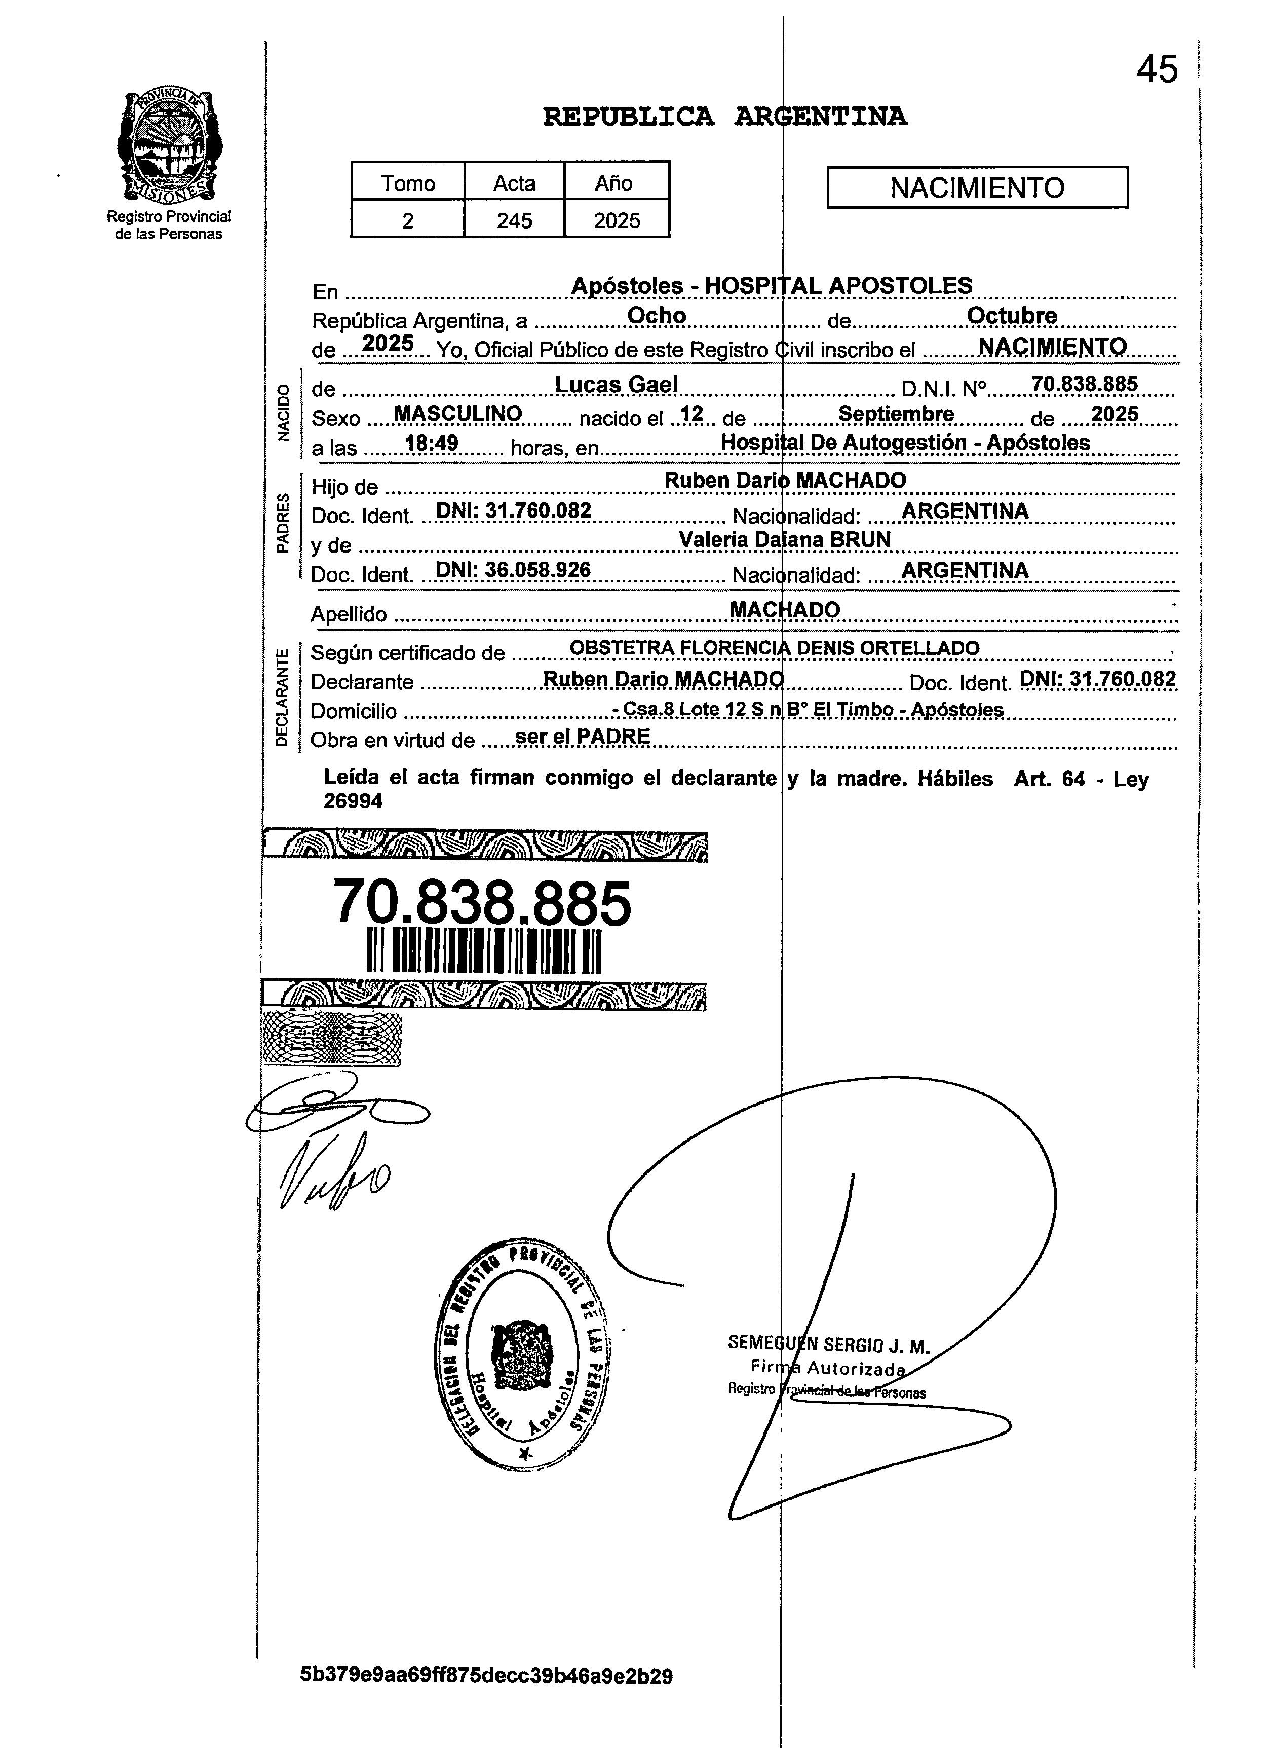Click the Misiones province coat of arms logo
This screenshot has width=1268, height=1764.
coord(168,146)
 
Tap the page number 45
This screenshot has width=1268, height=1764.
coord(1157,70)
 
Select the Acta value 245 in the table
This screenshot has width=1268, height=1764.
coord(514,221)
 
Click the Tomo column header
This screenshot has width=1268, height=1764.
coord(407,183)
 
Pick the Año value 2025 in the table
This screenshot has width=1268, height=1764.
coord(617,221)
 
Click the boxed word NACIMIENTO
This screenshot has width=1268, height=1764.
coord(977,188)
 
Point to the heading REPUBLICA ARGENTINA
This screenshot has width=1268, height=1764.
coord(724,117)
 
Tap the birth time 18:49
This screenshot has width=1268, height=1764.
coord(432,444)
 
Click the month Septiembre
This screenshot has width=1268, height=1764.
coord(896,414)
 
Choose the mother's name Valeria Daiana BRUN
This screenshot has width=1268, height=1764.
coord(784,540)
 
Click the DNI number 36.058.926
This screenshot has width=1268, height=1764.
coord(537,570)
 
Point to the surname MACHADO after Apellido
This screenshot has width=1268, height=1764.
coord(784,610)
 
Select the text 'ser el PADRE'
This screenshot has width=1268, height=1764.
coord(582,736)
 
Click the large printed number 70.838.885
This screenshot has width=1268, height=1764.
coord(482,904)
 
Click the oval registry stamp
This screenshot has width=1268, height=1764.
coord(522,1353)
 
